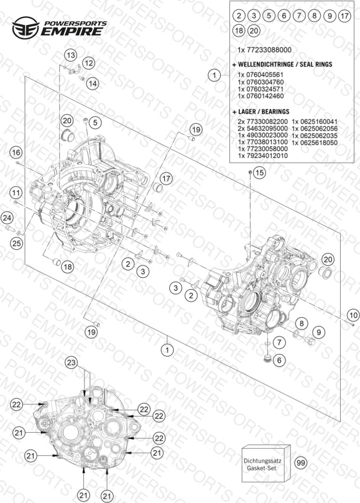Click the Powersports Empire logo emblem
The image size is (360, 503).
pos(25,28)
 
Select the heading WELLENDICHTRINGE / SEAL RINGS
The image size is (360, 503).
pos(282,65)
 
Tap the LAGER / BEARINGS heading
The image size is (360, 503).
pos(261,112)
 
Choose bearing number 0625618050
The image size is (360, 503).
pos(315,143)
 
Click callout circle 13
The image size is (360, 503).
pos(71,55)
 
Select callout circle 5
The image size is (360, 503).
pos(95,122)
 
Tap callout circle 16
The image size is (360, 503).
pos(16,153)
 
